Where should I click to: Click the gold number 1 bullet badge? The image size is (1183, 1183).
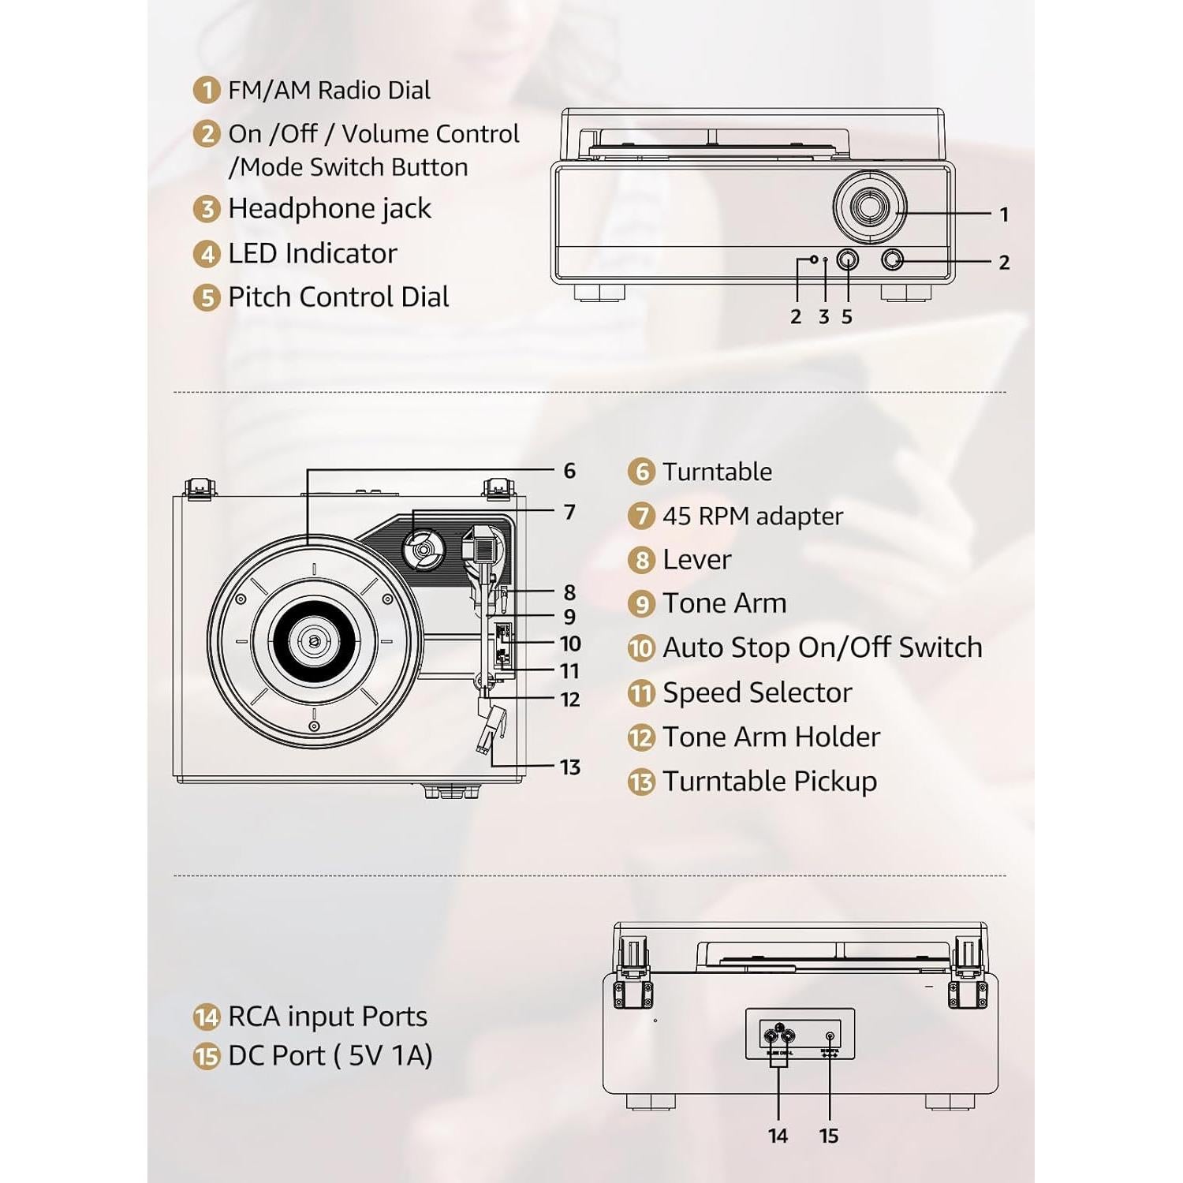[206, 90]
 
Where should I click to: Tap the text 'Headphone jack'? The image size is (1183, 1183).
[329, 209]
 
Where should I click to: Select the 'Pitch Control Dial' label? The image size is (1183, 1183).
[338, 297]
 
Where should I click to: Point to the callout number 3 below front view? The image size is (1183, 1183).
[823, 317]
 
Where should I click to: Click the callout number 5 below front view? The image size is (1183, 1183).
[846, 317]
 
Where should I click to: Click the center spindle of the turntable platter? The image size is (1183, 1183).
[314, 641]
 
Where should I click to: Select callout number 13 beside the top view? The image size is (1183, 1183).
[569, 767]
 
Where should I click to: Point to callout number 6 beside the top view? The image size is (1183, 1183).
[569, 472]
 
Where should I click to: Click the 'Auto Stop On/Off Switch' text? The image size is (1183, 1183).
[822, 647]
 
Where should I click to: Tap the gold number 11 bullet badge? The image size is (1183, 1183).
[641, 693]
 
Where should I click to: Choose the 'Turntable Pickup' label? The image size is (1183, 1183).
[769, 782]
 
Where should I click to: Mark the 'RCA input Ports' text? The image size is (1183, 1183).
[327, 1017]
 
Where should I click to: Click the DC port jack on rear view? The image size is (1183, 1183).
[829, 1037]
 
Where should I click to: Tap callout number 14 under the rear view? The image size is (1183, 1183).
[778, 1136]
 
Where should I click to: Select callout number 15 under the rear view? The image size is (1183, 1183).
[828, 1136]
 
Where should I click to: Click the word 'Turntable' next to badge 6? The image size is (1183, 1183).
[717, 472]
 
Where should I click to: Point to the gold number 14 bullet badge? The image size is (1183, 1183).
[206, 1017]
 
